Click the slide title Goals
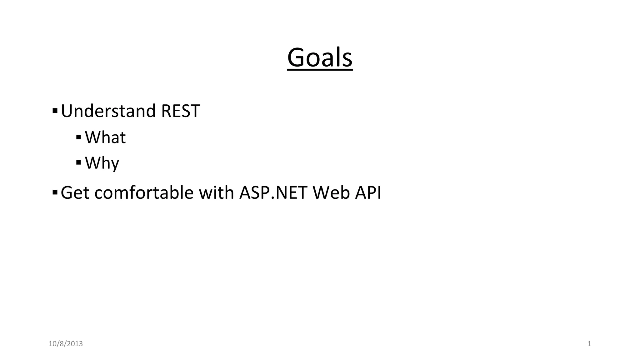point(320,57)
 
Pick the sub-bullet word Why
point(102,163)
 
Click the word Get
point(75,192)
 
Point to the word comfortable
point(144,192)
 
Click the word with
point(216,192)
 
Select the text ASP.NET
point(273,192)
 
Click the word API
point(368,192)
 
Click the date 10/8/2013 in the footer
point(66,344)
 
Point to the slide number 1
point(589,344)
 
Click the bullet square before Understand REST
point(55,111)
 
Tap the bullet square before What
point(79,137)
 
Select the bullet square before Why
point(79,162)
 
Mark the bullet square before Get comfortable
point(55,192)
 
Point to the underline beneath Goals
point(320,70)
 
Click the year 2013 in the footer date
point(75,344)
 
